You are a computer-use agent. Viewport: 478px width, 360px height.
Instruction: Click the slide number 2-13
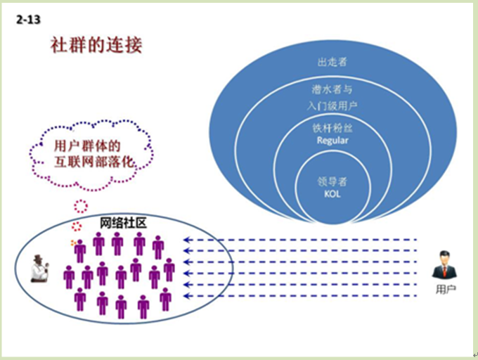click(x=28, y=20)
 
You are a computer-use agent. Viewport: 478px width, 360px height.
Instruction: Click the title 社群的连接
click(x=96, y=45)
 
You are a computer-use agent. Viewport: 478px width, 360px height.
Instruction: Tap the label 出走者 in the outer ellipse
click(x=332, y=62)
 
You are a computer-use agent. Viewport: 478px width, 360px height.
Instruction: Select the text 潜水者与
click(x=332, y=89)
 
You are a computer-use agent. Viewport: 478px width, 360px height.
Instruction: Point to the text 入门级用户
click(x=332, y=105)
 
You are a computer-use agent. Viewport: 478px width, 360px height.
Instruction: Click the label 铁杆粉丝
click(x=332, y=128)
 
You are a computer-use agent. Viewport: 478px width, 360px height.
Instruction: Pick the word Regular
click(x=332, y=141)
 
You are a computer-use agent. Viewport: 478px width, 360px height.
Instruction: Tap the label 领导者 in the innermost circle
click(x=332, y=181)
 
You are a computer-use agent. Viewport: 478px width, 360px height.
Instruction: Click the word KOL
click(x=332, y=194)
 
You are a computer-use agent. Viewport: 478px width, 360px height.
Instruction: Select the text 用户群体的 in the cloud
click(x=87, y=146)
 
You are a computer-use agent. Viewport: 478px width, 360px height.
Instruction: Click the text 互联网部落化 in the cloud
click(x=94, y=162)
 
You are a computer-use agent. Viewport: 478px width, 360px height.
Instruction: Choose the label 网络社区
click(x=123, y=223)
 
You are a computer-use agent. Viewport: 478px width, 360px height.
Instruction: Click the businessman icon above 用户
click(x=444, y=264)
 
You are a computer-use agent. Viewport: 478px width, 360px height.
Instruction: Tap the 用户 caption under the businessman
click(x=446, y=289)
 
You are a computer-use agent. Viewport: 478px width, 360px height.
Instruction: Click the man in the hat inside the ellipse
click(x=39, y=269)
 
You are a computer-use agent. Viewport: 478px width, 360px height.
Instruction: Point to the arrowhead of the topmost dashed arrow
click(x=186, y=240)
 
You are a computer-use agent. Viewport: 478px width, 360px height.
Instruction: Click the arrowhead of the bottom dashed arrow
click(x=186, y=296)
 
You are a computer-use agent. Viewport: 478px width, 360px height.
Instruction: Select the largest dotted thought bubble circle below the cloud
click(x=81, y=207)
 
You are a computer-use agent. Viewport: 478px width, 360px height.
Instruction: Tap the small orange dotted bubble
click(x=73, y=243)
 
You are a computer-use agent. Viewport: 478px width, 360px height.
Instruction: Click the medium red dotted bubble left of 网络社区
click(x=77, y=226)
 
